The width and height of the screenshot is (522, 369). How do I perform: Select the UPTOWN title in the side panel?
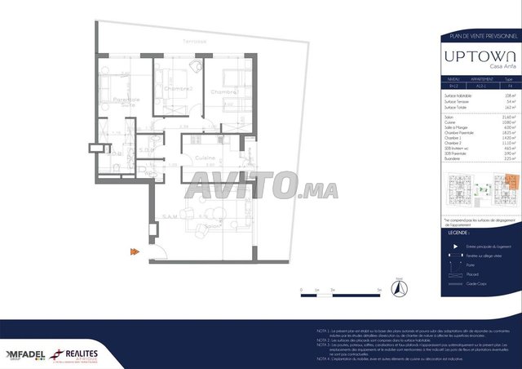click(478, 56)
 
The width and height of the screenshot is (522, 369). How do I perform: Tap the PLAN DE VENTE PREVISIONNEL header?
click(478, 37)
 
